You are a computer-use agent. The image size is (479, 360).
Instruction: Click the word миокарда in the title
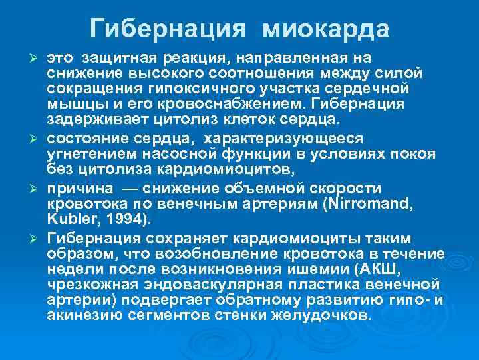click(x=325, y=29)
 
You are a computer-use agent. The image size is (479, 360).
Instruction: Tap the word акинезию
click(x=81, y=315)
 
